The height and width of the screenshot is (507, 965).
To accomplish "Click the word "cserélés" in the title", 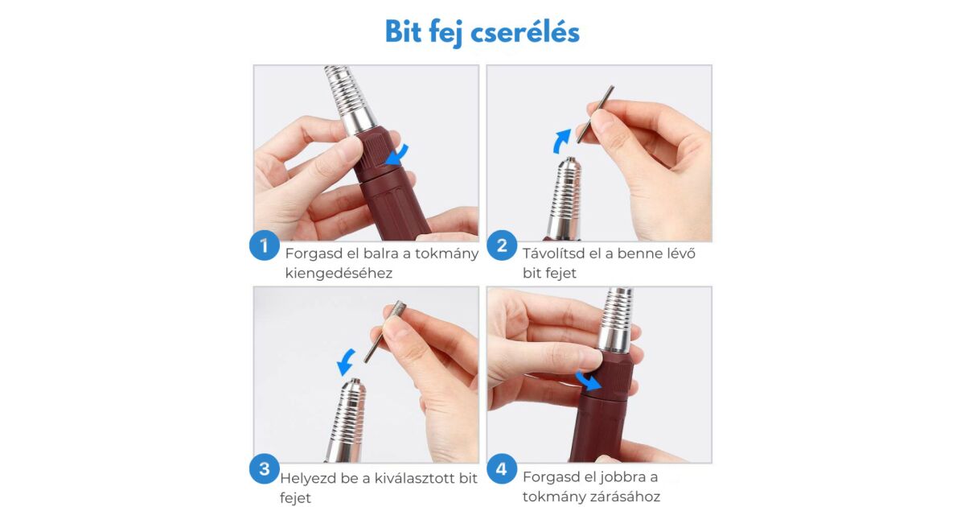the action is click(525, 32).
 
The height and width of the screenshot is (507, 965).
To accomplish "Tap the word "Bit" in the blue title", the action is click(403, 31).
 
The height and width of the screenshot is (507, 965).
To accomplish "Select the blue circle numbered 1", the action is click(264, 245).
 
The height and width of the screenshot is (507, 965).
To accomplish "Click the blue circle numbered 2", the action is click(502, 245).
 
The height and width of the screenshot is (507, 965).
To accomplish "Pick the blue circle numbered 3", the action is click(264, 468).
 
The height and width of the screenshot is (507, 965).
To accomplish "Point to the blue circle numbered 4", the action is click(502, 468).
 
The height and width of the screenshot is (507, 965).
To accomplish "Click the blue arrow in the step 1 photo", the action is click(398, 155).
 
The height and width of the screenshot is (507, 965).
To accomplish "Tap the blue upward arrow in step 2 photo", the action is click(561, 141).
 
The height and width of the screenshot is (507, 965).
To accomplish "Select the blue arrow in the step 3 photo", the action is click(346, 361).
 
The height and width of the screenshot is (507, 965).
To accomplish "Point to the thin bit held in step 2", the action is click(595, 114).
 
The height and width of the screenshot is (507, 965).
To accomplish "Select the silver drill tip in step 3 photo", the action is click(347, 420).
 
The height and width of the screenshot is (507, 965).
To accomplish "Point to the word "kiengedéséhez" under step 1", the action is click(339, 273).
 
